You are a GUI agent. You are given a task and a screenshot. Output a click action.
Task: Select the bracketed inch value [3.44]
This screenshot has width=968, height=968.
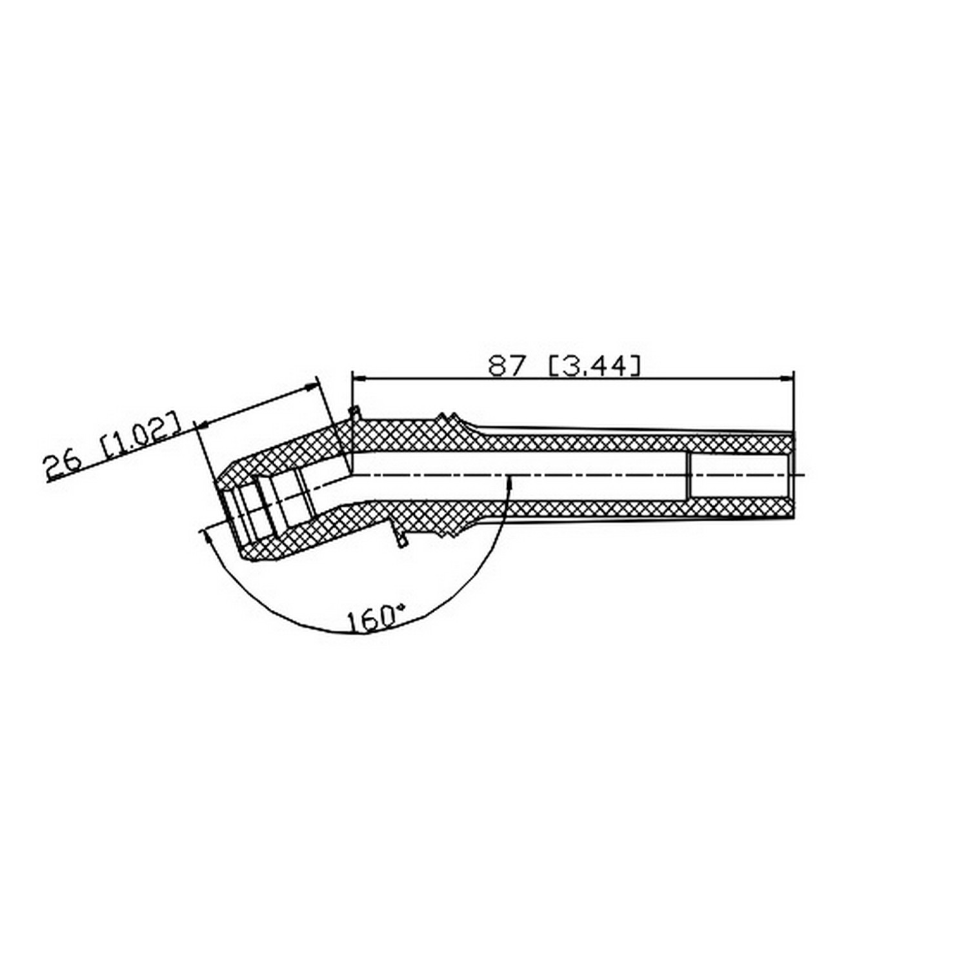pyautogui.click(x=594, y=366)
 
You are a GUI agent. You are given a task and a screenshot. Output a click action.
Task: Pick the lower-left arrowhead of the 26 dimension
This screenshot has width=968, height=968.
pyautogui.click(x=203, y=425)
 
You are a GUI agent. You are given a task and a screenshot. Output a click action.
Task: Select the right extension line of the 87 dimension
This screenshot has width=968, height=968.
pyautogui.click(x=794, y=400)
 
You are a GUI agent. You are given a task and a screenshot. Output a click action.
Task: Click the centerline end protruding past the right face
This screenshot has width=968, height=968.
pyautogui.click(x=801, y=476)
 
